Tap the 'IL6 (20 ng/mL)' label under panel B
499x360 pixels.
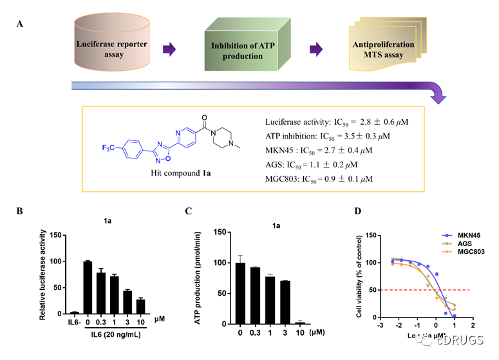coord(112,334)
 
